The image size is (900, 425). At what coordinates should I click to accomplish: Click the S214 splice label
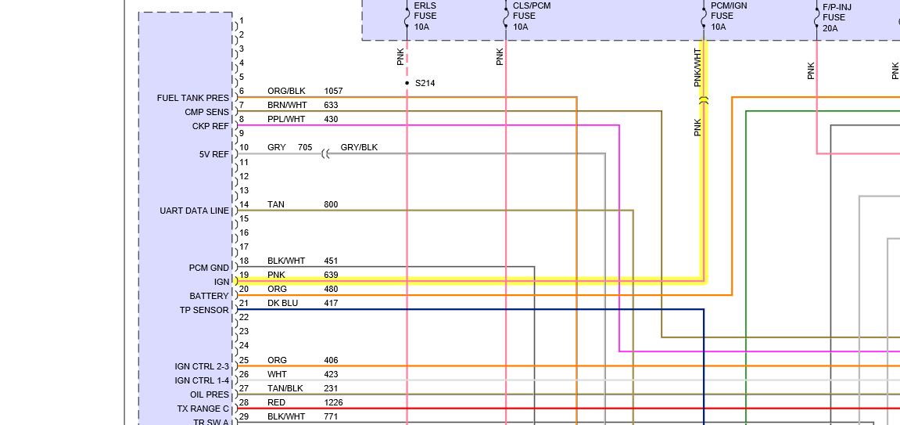point(425,83)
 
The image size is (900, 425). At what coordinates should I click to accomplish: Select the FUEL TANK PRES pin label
point(193,98)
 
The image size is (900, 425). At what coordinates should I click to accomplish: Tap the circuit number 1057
point(333,91)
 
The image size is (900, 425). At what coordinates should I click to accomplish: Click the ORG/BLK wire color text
point(286,91)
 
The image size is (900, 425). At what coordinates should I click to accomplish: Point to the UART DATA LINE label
point(194,211)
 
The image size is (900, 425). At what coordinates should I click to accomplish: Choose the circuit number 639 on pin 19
point(331,275)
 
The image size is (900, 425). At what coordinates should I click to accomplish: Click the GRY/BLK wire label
point(359,147)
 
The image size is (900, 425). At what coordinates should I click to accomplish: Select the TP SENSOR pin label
point(204,310)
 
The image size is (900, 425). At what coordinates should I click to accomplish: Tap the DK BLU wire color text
point(282,303)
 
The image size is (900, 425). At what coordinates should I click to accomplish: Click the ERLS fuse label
point(425,5)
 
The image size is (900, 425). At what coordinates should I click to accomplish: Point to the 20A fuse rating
point(830,28)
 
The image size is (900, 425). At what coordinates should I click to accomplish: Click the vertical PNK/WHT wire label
point(698,67)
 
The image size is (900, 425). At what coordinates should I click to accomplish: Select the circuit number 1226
point(333,402)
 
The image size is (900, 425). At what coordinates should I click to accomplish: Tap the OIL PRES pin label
point(209,394)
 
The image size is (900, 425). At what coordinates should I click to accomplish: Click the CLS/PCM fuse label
point(532,5)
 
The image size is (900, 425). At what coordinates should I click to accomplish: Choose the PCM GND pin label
point(209,268)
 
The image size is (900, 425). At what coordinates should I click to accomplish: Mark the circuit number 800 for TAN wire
point(331,204)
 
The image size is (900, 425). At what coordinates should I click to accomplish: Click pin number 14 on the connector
point(244,204)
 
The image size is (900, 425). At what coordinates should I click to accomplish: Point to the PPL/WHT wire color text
point(286,119)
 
